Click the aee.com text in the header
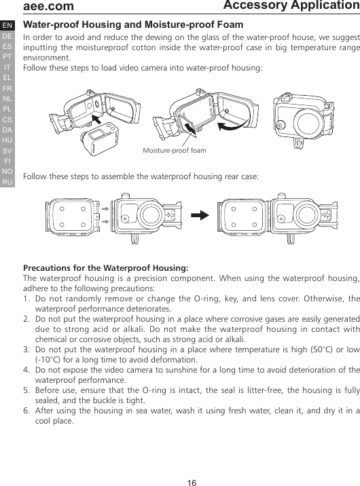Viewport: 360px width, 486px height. point(48,7)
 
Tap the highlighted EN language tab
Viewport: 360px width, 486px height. point(7,25)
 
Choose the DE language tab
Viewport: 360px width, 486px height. point(7,36)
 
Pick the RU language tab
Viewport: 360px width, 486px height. point(7,183)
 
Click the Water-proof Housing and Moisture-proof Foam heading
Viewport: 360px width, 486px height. point(133,25)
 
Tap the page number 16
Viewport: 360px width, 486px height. point(192,483)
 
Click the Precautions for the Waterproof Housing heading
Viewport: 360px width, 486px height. point(106,267)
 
